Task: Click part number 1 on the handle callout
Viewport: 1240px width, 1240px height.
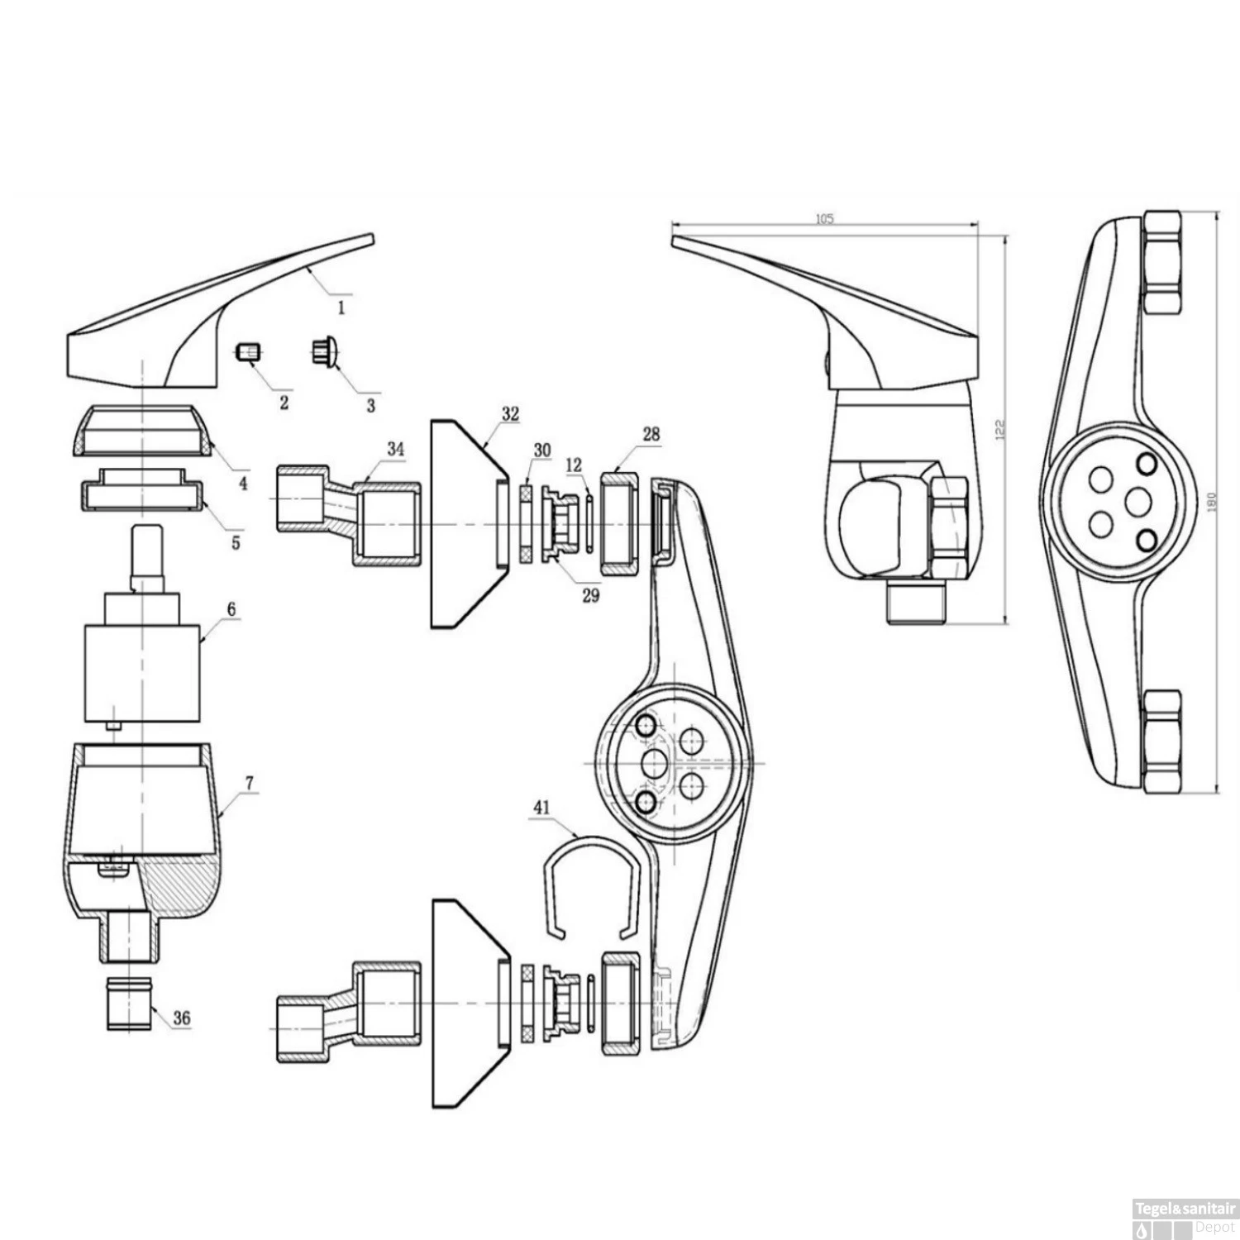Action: click(341, 308)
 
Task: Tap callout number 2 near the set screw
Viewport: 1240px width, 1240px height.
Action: click(284, 403)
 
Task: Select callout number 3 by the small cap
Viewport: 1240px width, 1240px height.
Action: click(370, 405)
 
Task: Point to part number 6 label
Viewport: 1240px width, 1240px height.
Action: click(231, 610)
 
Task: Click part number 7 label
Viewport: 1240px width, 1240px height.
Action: click(250, 782)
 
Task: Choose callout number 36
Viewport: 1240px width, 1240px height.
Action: click(182, 1018)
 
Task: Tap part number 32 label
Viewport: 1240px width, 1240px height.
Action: click(510, 414)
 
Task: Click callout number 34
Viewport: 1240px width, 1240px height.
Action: click(396, 449)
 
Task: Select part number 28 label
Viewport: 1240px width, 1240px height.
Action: click(651, 434)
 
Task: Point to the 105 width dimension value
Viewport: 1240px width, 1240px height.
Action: click(824, 219)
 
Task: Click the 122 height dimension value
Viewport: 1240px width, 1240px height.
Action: click(999, 429)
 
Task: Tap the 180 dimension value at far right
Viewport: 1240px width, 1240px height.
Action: click(1213, 502)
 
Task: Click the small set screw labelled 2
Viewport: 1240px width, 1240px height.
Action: click(249, 353)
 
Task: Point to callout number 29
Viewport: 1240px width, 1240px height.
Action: click(590, 594)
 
